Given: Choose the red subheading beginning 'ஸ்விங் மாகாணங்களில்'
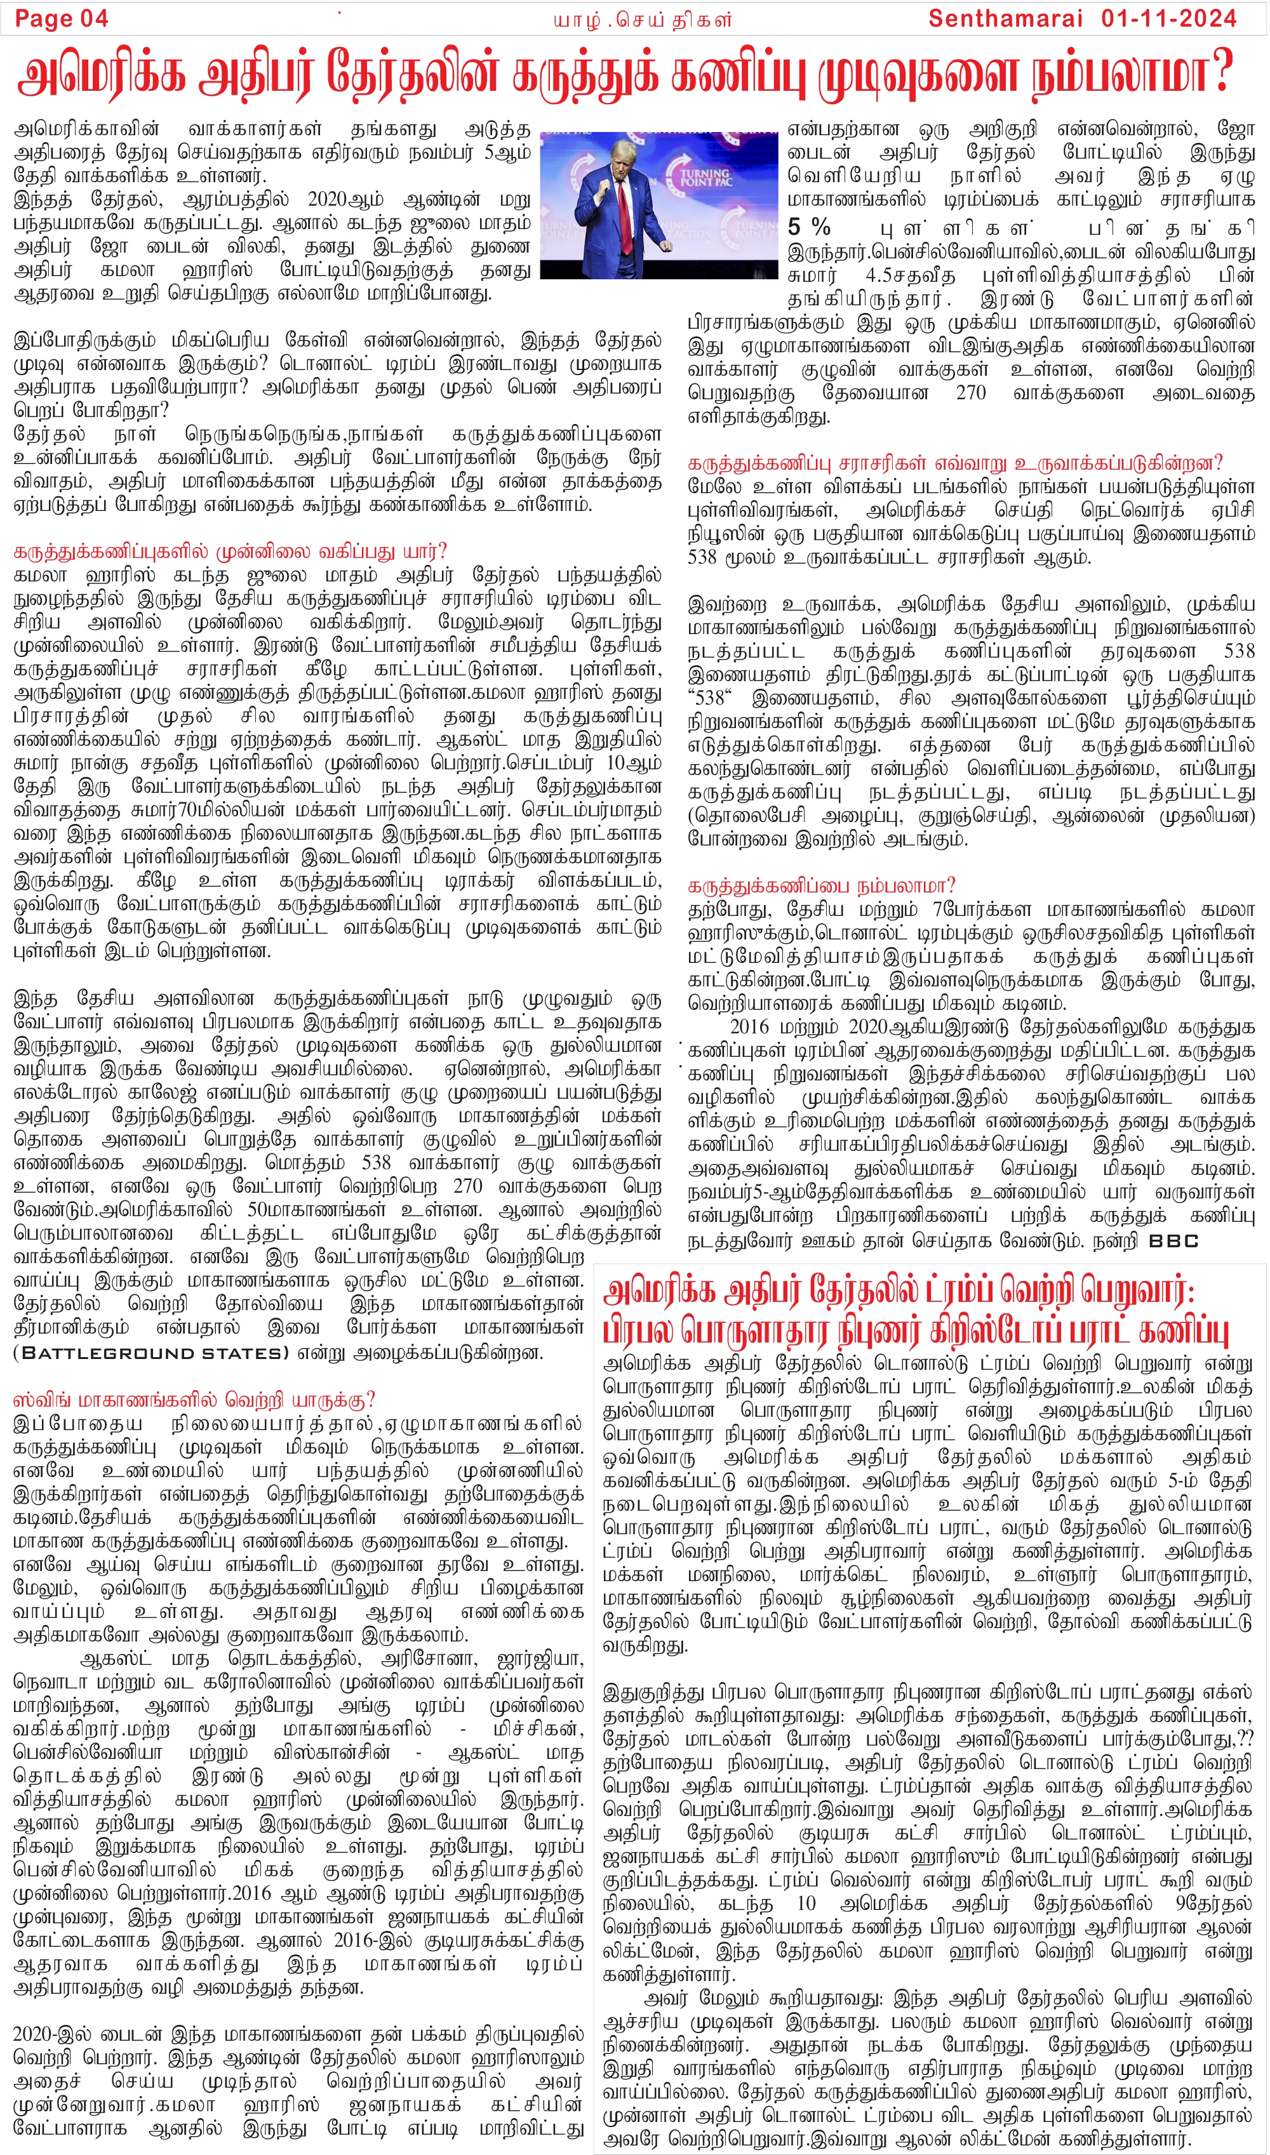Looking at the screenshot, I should (194, 1400).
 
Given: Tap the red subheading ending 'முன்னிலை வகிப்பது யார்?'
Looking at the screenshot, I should (231, 550).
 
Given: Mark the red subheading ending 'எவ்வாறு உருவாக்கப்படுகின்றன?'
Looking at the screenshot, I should (955, 463).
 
